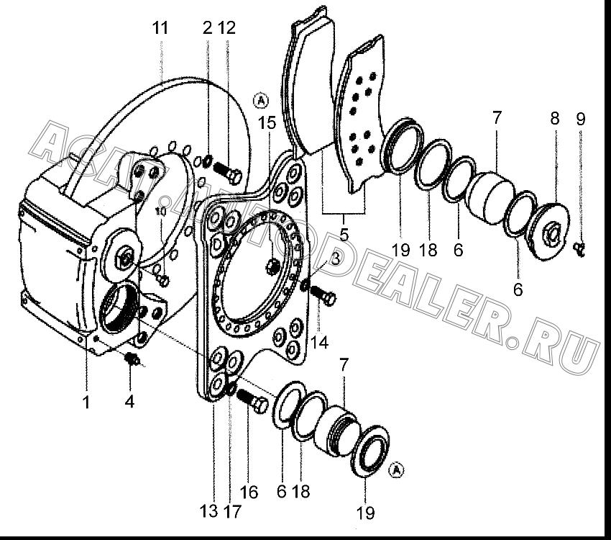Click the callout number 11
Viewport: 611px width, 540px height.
click(160, 28)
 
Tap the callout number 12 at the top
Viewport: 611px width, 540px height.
click(226, 27)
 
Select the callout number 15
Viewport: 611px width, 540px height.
click(267, 122)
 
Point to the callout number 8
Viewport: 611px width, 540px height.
click(555, 118)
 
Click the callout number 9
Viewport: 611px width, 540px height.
click(581, 119)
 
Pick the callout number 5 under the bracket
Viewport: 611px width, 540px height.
click(344, 235)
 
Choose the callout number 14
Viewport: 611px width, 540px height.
click(320, 342)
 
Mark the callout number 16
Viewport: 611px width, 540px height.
click(249, 492)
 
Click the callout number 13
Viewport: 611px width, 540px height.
click(209, 510)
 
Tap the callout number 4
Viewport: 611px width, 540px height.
click(130, 401)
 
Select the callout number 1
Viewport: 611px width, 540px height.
click(86, 402)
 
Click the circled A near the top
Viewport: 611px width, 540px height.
click(261, 101)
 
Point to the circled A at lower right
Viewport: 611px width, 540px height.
click(397, 470)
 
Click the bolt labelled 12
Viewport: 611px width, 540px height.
click(228, 174)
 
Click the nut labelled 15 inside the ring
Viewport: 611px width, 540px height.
click(272, 267)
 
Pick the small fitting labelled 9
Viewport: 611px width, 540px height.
click(580, 249)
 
